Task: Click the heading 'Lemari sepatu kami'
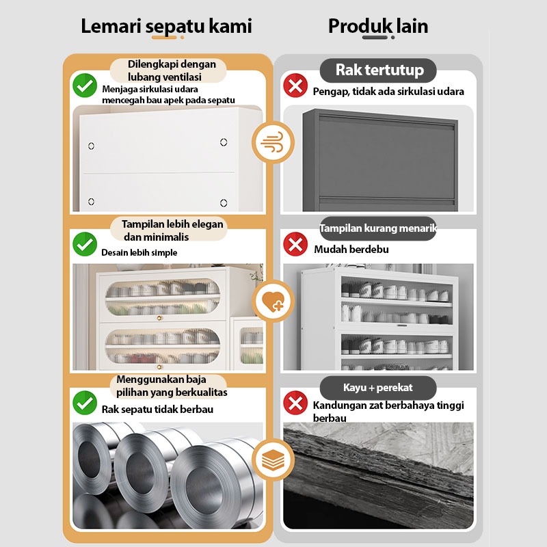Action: click(x=166, y=26)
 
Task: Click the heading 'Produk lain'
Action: click(x=378, y=26)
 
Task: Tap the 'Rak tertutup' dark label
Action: click(x=378, y=70)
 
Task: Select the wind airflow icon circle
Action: click(x=273, y=142)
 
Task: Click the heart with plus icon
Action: click(x=273, y=301)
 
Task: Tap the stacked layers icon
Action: click(x=273, y=459)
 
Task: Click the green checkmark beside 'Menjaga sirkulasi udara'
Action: click(x=85, y=85)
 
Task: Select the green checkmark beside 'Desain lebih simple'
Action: click(x=85, y=244)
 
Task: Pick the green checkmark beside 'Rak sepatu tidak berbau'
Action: click(x=85, y=403)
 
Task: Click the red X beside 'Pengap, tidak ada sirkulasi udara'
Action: click(x=295, y=85)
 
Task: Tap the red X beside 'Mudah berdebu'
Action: click(x=295, y=244)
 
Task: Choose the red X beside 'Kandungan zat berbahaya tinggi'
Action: click(x=295, y=403)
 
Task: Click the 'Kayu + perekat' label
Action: click(x=378, y=388)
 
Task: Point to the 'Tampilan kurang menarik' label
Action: click(x=378, y=228)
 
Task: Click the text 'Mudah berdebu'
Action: click(x=351, y=250)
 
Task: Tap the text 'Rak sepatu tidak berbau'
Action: click(x=157, y=409)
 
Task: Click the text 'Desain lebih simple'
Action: click(x=139, y=252)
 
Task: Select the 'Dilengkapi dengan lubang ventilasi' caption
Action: click(x=172, y=70)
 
